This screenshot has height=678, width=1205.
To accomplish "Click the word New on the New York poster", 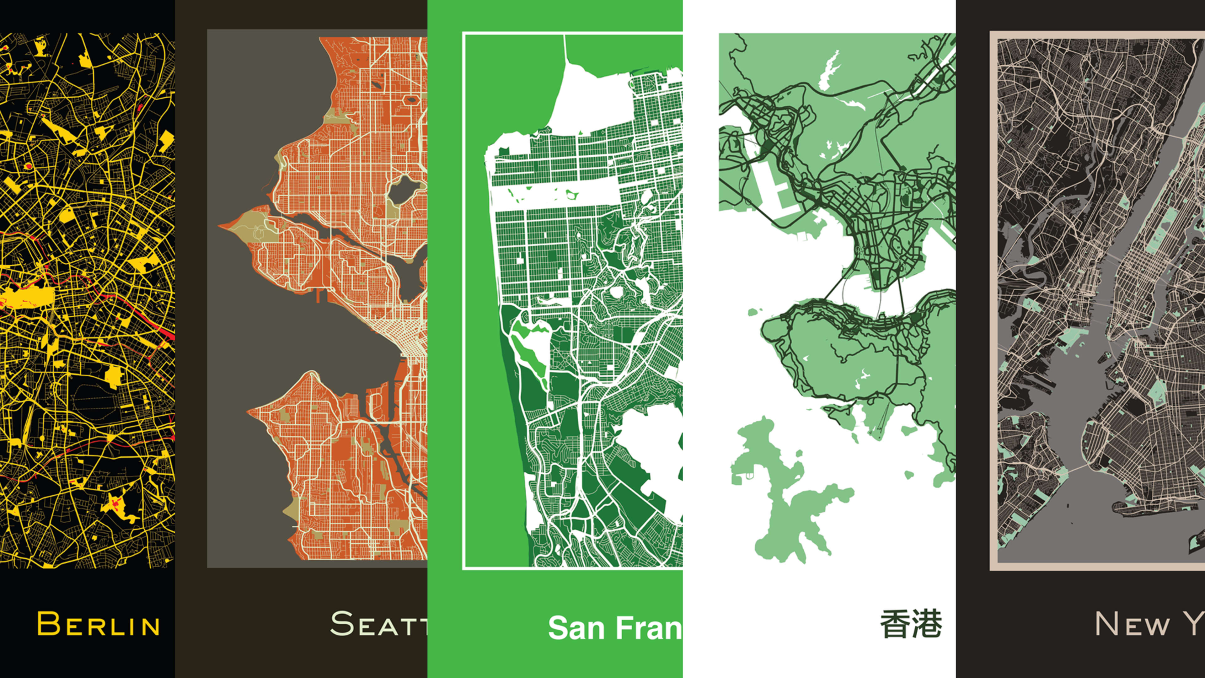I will point(1132,625).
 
